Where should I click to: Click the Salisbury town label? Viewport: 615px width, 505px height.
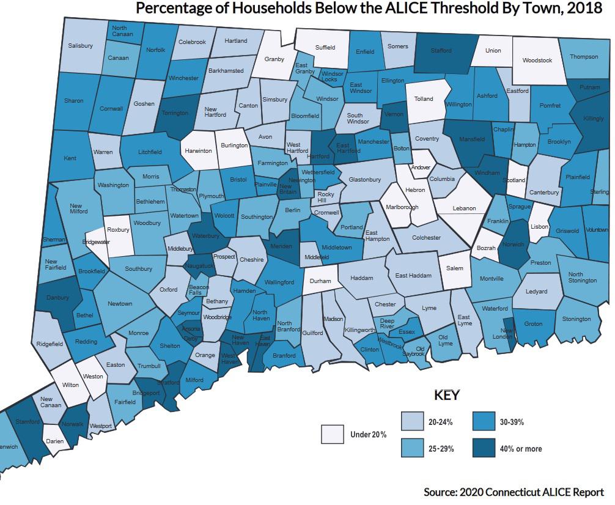pyautogui.click(x=80, y=46)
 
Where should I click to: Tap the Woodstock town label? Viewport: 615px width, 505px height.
pyautogui.click(x=537, y=61)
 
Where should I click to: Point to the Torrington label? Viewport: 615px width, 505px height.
pyautogui.click(x=175, y=113)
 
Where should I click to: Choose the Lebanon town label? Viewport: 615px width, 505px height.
pyautogui.click(x=464, y=208)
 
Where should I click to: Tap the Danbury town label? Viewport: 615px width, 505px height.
pyautogui.click(x=57, y=298)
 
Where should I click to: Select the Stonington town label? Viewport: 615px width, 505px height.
pyautogui.click(x=576, y=319)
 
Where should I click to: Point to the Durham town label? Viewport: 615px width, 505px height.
pyautogui.click(x=320, y=281)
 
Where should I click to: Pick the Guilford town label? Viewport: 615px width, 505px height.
pyautogui.click(x=312, y=333)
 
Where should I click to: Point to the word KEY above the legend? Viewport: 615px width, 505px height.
pyautogui.click(x=446, y=396)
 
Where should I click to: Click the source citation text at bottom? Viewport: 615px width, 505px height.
pyautogui.click(x=514, y=492)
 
